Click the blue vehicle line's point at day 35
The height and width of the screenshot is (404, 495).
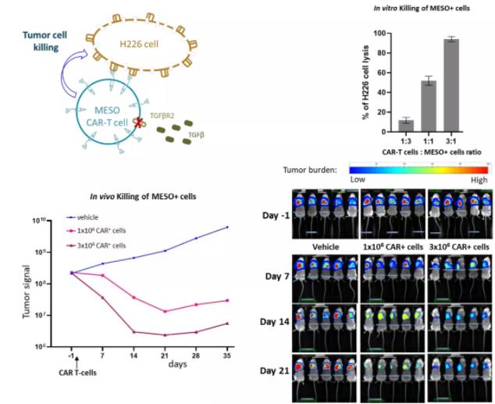227,227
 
